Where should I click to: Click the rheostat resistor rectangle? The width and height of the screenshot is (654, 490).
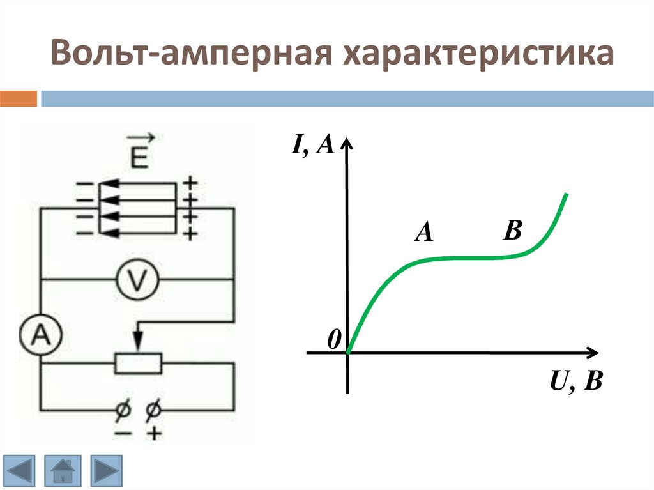pos(138,363)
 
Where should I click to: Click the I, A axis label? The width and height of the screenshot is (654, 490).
pos(313,146)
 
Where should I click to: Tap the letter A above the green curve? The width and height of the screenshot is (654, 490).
pos(423,233)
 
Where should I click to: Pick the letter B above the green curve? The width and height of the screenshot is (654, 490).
pos(512,230)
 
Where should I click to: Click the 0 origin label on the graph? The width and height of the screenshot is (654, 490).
pos(334,341)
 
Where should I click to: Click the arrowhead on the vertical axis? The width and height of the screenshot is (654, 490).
pos(347,142)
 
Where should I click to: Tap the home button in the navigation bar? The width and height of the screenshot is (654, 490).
pos(63,471)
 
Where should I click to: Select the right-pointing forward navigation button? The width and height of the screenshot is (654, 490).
pos(104,471)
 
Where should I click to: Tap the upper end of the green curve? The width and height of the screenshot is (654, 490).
pos(566,194)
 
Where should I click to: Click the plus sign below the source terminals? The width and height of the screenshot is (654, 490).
pos(154,434)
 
